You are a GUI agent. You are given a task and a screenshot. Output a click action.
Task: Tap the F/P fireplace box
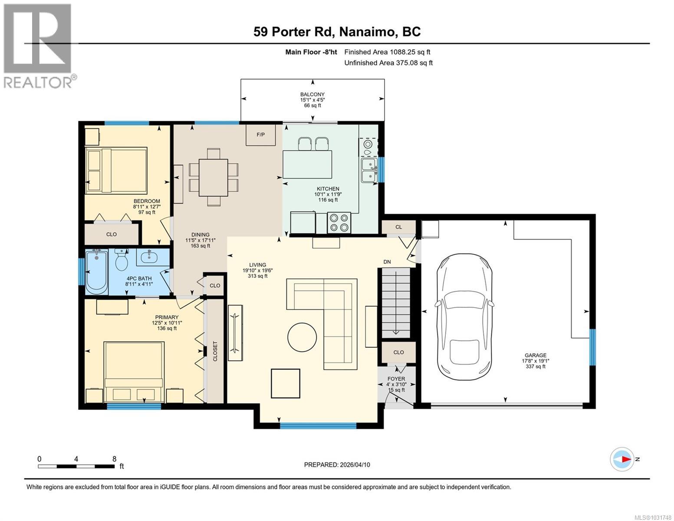(260, 135)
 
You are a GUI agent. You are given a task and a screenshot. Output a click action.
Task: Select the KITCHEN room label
(328, 189)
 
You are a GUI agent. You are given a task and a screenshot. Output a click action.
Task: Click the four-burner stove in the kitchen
(339, 223)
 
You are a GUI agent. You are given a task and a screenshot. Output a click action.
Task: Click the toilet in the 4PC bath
(121, 260)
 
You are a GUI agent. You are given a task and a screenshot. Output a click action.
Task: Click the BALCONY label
(312, 94)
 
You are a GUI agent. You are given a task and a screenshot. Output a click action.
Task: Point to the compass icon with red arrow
(621, 459)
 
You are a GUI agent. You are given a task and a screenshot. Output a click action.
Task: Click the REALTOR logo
(38, 46)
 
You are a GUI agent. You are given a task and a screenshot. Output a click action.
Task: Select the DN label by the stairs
(387, 262)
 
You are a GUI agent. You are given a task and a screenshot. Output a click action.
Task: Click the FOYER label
(396, 379)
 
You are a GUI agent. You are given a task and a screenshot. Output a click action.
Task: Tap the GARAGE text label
(534, 355)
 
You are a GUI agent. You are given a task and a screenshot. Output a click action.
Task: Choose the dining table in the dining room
(213, 177)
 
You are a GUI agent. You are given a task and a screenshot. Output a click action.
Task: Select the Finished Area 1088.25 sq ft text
(387, 52)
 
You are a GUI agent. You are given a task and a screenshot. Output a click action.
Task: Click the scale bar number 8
(114, 459)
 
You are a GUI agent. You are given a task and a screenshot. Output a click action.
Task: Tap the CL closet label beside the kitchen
(398, 227)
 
